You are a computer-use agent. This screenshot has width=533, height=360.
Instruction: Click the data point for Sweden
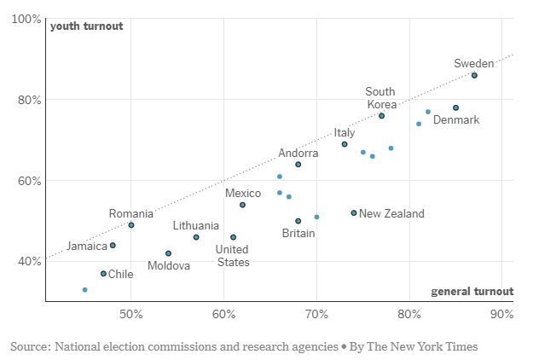coord(474,75)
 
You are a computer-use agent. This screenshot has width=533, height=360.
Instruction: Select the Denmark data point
coord(455,107)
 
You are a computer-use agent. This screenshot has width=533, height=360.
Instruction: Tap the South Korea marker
coord(381,115)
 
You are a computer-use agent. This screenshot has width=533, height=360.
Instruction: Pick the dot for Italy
coord(345,144)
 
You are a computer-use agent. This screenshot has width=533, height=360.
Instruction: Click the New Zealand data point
coord(354,213)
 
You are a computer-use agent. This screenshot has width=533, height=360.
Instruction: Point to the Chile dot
coord(103,274)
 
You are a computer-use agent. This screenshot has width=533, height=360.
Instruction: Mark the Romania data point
coord(131,225)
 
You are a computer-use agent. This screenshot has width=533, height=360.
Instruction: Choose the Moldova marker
coord(168,253)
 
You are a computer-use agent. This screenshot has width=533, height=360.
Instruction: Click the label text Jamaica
coord(87,247)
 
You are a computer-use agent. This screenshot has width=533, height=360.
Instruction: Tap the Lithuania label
coord(195,226)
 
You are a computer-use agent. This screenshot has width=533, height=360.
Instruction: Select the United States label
coord(233,256)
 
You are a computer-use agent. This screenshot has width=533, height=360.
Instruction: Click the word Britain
coord(298,234)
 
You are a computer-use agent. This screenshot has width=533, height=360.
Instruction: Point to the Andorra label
coord(298,154)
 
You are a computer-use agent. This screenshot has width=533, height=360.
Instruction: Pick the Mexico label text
coord(243,194)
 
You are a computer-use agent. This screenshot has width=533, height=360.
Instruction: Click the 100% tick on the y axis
coord(26,19)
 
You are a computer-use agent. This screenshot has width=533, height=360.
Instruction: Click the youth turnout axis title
coord(86,26)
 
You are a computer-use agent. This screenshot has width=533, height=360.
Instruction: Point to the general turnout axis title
coord(472,292)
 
